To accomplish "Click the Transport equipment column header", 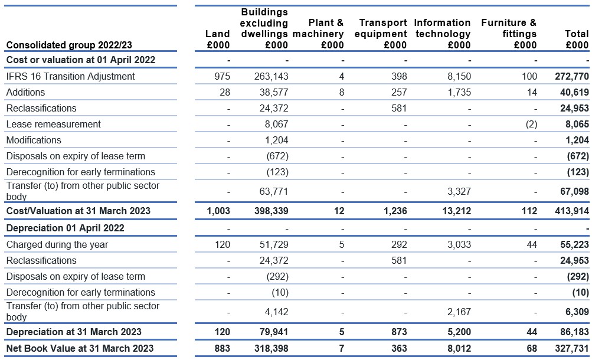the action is tap(381, 34).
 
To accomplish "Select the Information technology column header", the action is tap(443, 34).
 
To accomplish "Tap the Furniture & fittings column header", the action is tap(509, 34).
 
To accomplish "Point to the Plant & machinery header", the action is tap(318, 34).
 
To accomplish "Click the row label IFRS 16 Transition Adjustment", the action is tap(71, 76).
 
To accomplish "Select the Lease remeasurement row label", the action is tap(54, 124).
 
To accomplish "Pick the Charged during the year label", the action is tap(57, 244).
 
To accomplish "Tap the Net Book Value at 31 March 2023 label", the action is tap(80, 348).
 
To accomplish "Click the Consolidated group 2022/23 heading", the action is tap(69, 45).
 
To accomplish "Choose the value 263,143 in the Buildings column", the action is tap(271, 76).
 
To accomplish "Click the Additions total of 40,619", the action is tap(574, 93).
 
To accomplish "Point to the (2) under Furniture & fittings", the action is tap(531, 124).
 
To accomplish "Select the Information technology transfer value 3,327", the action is tap(459, 191).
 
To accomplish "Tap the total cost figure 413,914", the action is tap(571, 211).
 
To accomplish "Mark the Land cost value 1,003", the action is tap(218, 211).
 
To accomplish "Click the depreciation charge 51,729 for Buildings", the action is tap(274, 244).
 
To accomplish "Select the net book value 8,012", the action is tap(459, 348).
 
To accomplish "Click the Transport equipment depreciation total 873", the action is tap(399, 332).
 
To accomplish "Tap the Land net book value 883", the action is tap(222, 348).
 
